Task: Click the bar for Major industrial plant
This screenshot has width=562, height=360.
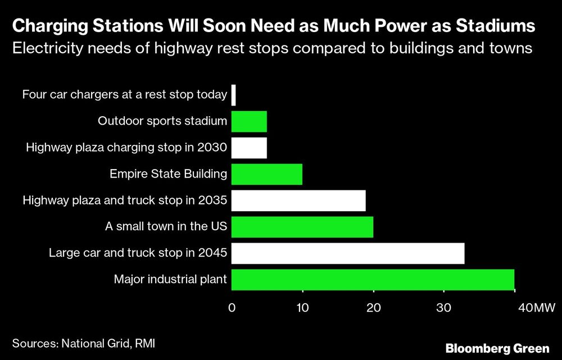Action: pos(373,280)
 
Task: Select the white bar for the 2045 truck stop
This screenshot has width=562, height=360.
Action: pos(348,253)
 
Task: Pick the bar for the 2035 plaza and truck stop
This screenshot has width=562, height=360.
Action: pos(298,200)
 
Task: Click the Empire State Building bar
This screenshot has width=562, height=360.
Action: pos(267,174)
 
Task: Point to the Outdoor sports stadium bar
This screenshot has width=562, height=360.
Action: pos(249,121)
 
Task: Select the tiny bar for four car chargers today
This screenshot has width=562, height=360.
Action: pos(233,95)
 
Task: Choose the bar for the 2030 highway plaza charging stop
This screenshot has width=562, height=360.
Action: pos(249,148)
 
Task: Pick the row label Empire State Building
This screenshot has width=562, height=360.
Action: pos(168,174)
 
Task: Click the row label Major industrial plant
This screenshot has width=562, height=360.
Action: pos(170,280)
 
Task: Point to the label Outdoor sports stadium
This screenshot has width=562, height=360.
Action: pos(162,121)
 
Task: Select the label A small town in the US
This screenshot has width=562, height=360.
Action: pos(166,227)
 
